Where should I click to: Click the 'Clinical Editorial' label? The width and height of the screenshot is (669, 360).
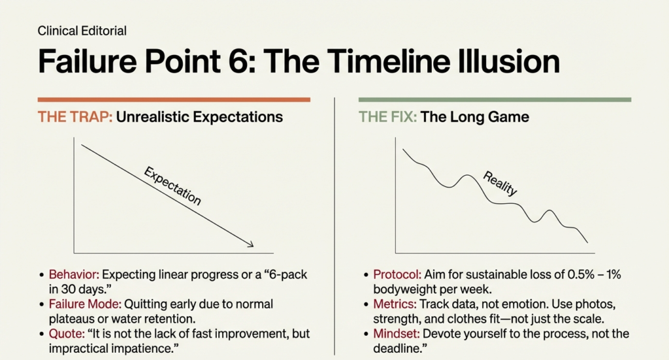(x=82, y=31)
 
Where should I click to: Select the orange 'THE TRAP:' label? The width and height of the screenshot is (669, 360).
(x=74, y=118)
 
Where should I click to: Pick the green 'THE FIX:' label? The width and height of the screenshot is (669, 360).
(x=387, y=118)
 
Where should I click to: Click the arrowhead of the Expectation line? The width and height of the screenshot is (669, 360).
(x=250, y=245)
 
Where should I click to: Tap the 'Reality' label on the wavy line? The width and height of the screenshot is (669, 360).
(x=500, y=184)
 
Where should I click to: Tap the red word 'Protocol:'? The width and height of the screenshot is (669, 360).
(x=395, y=275)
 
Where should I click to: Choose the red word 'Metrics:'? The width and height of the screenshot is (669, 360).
(x=393, y=304)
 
